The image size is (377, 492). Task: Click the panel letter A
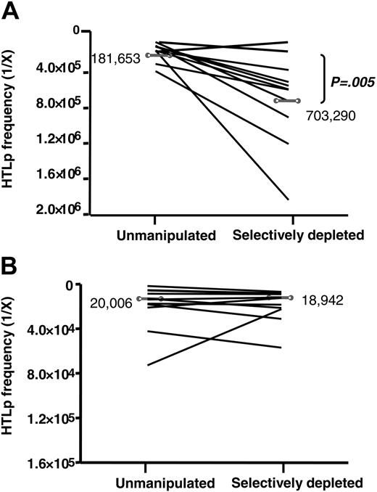[12, 12]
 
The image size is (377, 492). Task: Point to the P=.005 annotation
[352, 83]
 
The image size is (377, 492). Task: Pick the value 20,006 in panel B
[110, 303]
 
